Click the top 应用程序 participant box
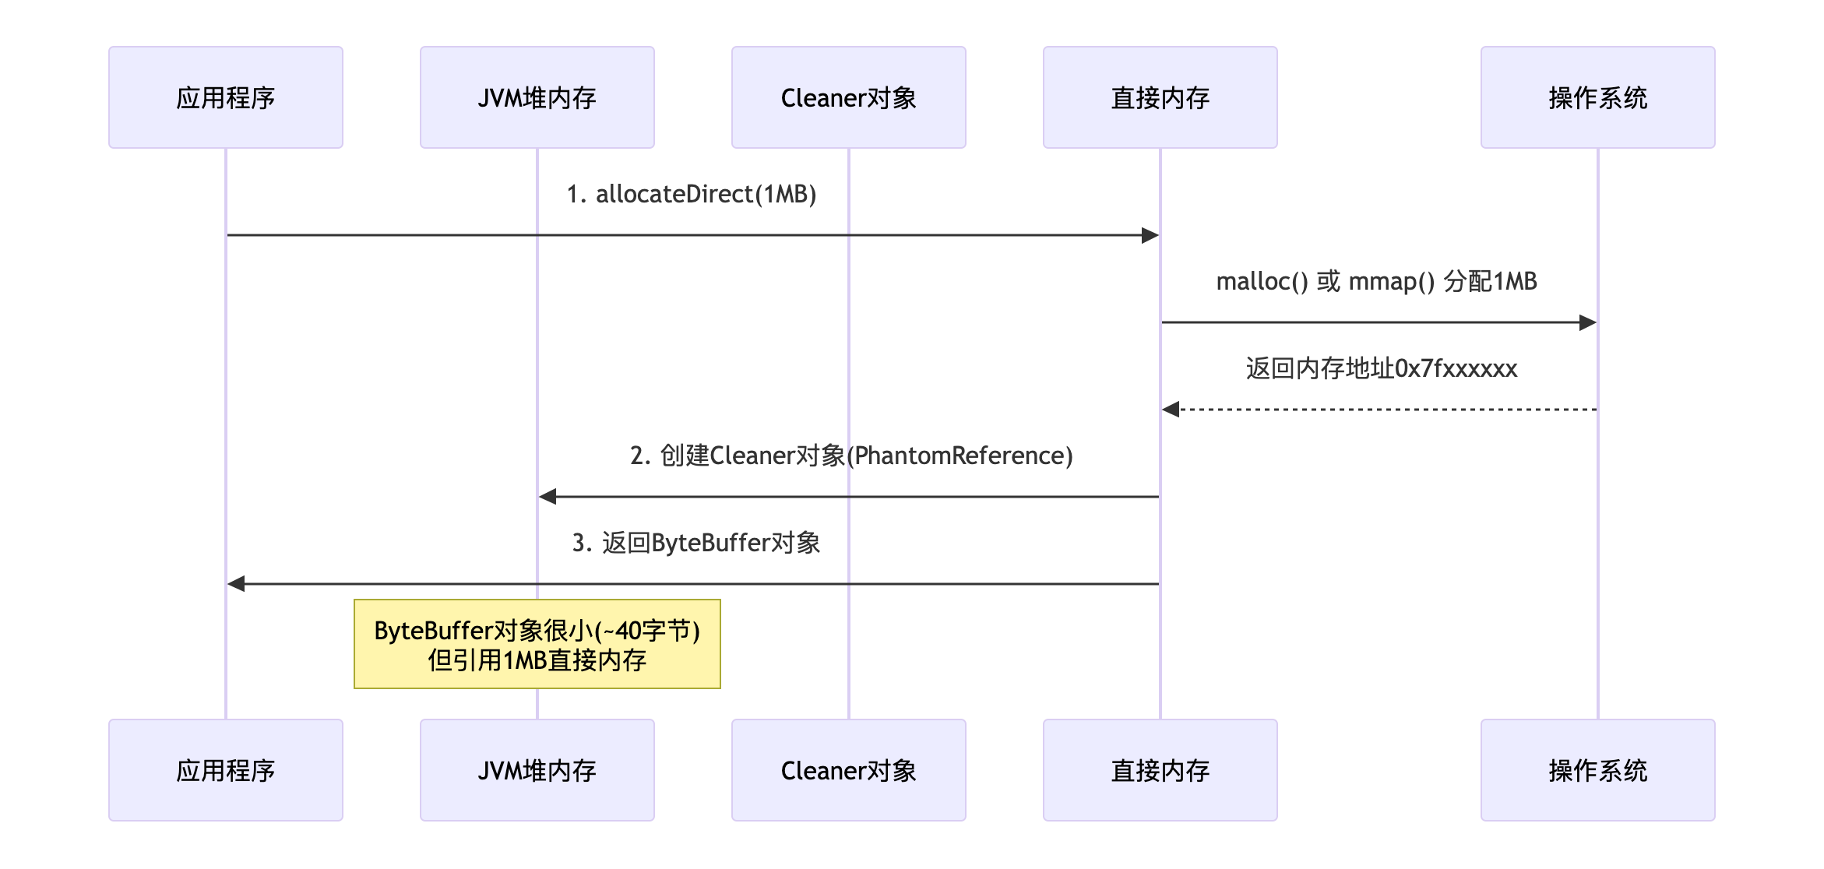pos(226,97)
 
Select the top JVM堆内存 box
pos(537,97)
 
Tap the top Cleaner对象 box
pos(849,97)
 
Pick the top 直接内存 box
pos(1160,97)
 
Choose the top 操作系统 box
pos(1598,97)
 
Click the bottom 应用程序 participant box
pos(226,770)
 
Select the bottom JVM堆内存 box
pos(537,770)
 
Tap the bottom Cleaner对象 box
pos(849,770)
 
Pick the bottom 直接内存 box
pos(1160,770)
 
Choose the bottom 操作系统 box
pos(1598,770)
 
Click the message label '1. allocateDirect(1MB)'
pos(692,194)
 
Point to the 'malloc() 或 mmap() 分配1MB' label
pos(1377,281)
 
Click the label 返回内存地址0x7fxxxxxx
pos(1382,368)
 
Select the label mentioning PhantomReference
pos(851,456)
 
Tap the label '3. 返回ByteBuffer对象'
pos(696,543)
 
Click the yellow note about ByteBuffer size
pos(537,644)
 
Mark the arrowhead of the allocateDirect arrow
pos(1150,235)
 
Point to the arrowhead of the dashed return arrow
pos(1171,410)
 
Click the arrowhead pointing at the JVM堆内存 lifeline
pos(548,497)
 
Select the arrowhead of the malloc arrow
pos(1588,322)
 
